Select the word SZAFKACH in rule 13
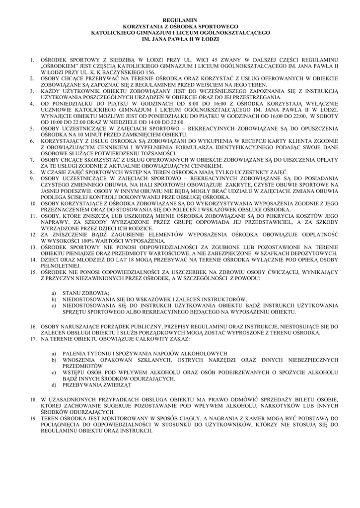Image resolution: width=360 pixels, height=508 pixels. tap(270, 253)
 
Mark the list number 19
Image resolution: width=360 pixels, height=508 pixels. tap(32, 419)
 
